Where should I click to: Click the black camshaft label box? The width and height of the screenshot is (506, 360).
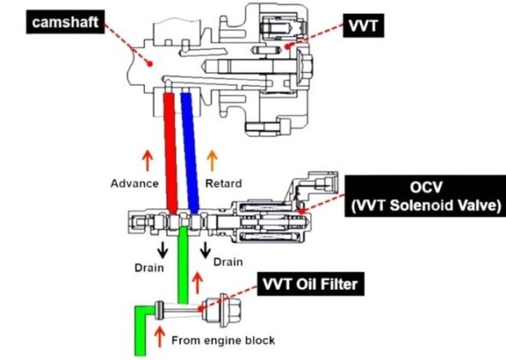click(65, 22)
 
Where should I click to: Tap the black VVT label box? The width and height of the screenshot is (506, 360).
click(364, 26)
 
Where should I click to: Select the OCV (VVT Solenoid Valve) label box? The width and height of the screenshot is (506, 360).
click(425, 196)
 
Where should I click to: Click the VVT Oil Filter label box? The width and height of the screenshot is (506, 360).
click(310, 285)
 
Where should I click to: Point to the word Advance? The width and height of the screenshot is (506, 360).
click(135, 183)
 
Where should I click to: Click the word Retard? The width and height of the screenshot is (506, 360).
click(224, 183)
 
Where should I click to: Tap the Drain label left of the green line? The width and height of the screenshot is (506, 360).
click(149, 267)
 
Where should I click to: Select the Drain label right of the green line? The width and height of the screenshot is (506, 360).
click(228, 261)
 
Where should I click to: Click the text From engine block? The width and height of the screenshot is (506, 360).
click(223, 340)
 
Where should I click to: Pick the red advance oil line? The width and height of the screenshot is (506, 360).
click(171, 153)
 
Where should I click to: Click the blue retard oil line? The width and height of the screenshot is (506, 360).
click(190, 153)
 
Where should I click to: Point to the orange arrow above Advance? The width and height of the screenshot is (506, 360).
click(148, 160)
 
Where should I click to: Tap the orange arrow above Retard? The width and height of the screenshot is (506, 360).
click(212, 160)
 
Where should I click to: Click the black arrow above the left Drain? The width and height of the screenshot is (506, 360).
click(163, 249)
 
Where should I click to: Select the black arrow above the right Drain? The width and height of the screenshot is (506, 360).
click(205, 249)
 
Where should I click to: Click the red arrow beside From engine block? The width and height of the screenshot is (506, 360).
click(160, 337)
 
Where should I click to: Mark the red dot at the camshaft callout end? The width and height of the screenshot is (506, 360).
click(150, 64)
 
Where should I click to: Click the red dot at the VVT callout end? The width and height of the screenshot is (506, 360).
click(287, 47)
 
